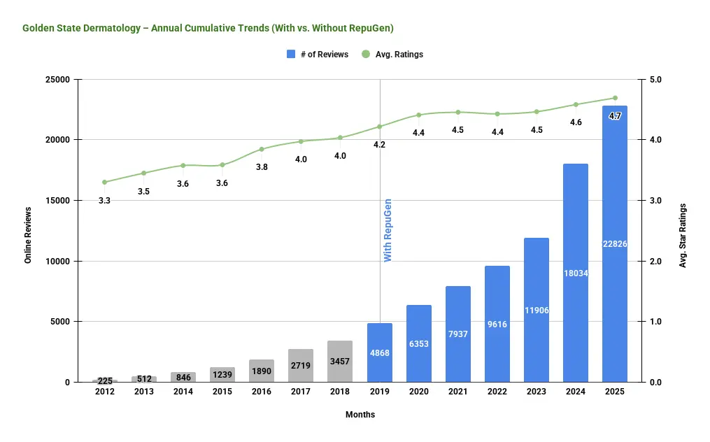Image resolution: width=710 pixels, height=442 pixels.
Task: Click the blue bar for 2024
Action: click(576, 273)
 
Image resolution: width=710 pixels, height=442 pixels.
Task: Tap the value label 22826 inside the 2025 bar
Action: click(615, 243)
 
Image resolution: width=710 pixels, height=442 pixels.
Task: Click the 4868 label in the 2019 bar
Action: click(379, 352)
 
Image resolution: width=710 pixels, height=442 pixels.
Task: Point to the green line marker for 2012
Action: click(104, 182)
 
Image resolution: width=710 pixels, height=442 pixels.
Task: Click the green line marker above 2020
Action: click(419, 115)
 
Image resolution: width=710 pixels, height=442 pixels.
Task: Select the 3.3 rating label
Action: click(104, 201)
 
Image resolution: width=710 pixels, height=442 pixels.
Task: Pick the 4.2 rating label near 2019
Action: click(379, 145)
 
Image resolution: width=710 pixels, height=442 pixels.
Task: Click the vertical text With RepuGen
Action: click(388, 230)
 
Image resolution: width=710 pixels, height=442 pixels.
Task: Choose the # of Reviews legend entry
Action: click(318, 54)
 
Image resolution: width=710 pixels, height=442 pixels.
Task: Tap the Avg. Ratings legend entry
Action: click(392, 54)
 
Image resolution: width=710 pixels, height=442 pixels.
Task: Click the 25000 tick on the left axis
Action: click(59, 80)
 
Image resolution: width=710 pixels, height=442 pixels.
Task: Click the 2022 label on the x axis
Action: click(497, 392)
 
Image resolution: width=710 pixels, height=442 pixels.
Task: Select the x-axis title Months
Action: click(360, 415)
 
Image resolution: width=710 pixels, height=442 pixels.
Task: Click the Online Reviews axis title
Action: click(29, 235)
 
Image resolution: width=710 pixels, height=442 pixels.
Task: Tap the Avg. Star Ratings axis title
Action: click(683, 236)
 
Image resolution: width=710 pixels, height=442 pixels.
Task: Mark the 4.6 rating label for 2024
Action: click(576, 122)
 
